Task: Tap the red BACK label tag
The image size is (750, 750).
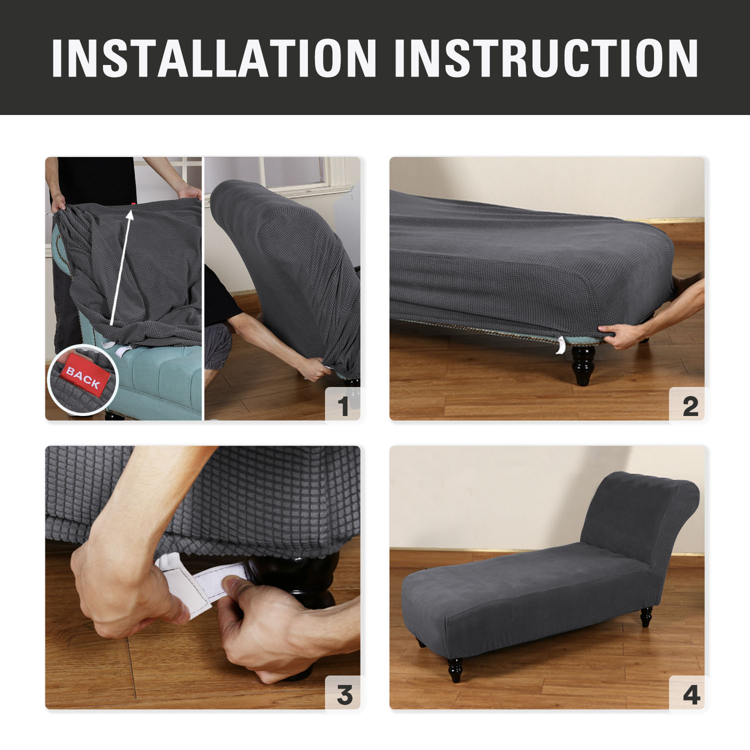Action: pos(83,378)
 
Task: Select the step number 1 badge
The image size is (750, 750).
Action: pos(342,405)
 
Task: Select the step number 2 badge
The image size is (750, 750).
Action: pos(690,405)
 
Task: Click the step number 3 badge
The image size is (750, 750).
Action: pos(344,694)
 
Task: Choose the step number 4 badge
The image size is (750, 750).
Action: pos(691,694)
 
